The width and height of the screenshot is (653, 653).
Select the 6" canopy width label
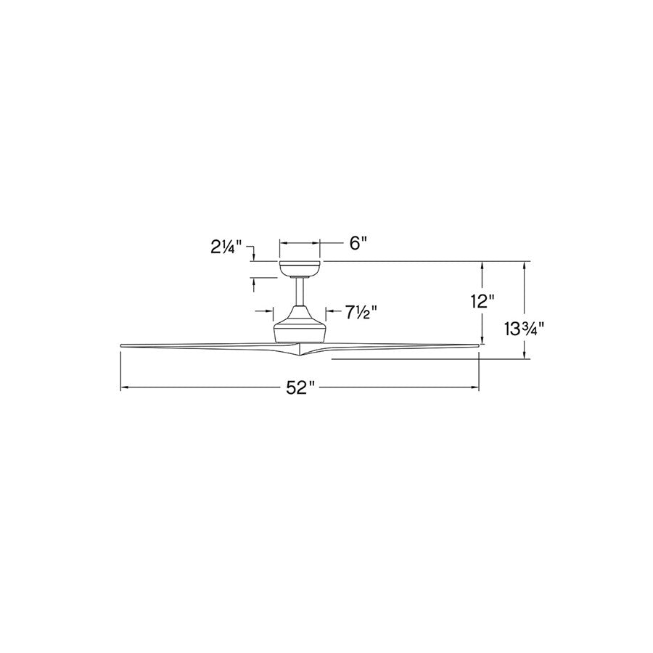(356, 243)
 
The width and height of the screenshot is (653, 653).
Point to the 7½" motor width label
(361, 312)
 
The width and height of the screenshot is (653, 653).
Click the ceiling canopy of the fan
(300, 268)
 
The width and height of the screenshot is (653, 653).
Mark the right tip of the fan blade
(477, 345)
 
